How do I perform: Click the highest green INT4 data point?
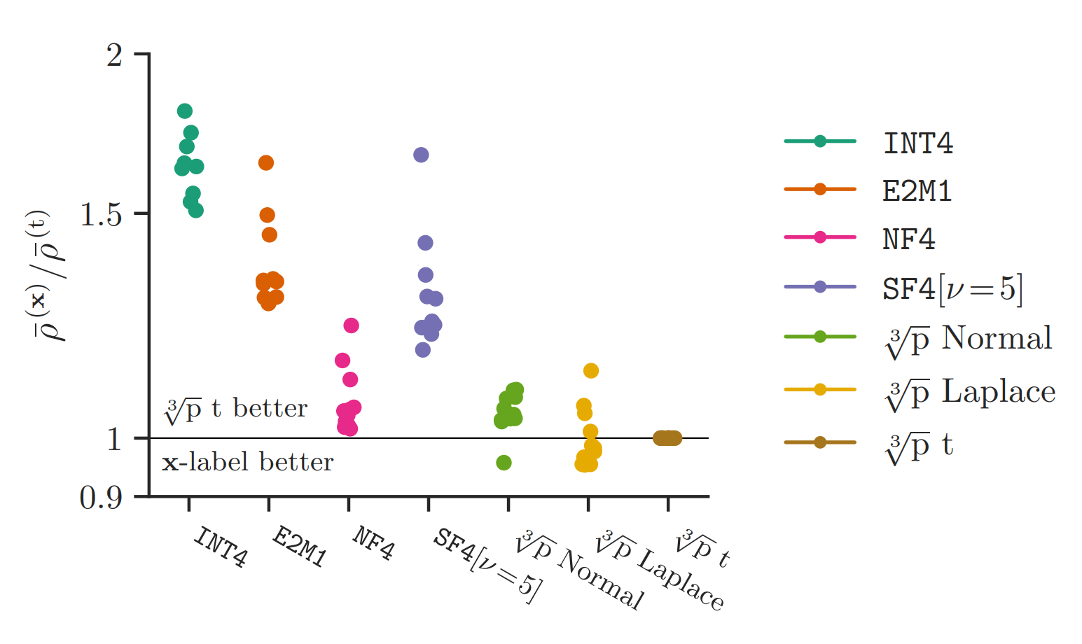click(x=185, y=111)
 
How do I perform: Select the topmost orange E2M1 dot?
click(x=266, y=163)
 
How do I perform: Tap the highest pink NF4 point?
click(x=351, y=325)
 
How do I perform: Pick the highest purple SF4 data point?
click(x=421, y=155)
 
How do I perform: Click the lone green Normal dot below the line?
click(x=504, y=463)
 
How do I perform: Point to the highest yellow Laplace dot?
click(x=591, y=371)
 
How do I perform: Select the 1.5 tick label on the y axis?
click(x=102, y=214)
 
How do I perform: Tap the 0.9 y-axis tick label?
click(x=102, y=498)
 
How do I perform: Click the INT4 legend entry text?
click(x=918, y=143)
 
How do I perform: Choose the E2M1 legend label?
click(x=917, y=191)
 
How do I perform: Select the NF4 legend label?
click(x=909, y=239)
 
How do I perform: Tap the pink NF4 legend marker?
click(x=820, y=237)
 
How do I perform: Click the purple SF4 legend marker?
click(x=820, y=287)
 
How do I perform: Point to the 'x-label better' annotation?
click(x=248, y=463)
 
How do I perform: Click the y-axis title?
click(x=50, y=275)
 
